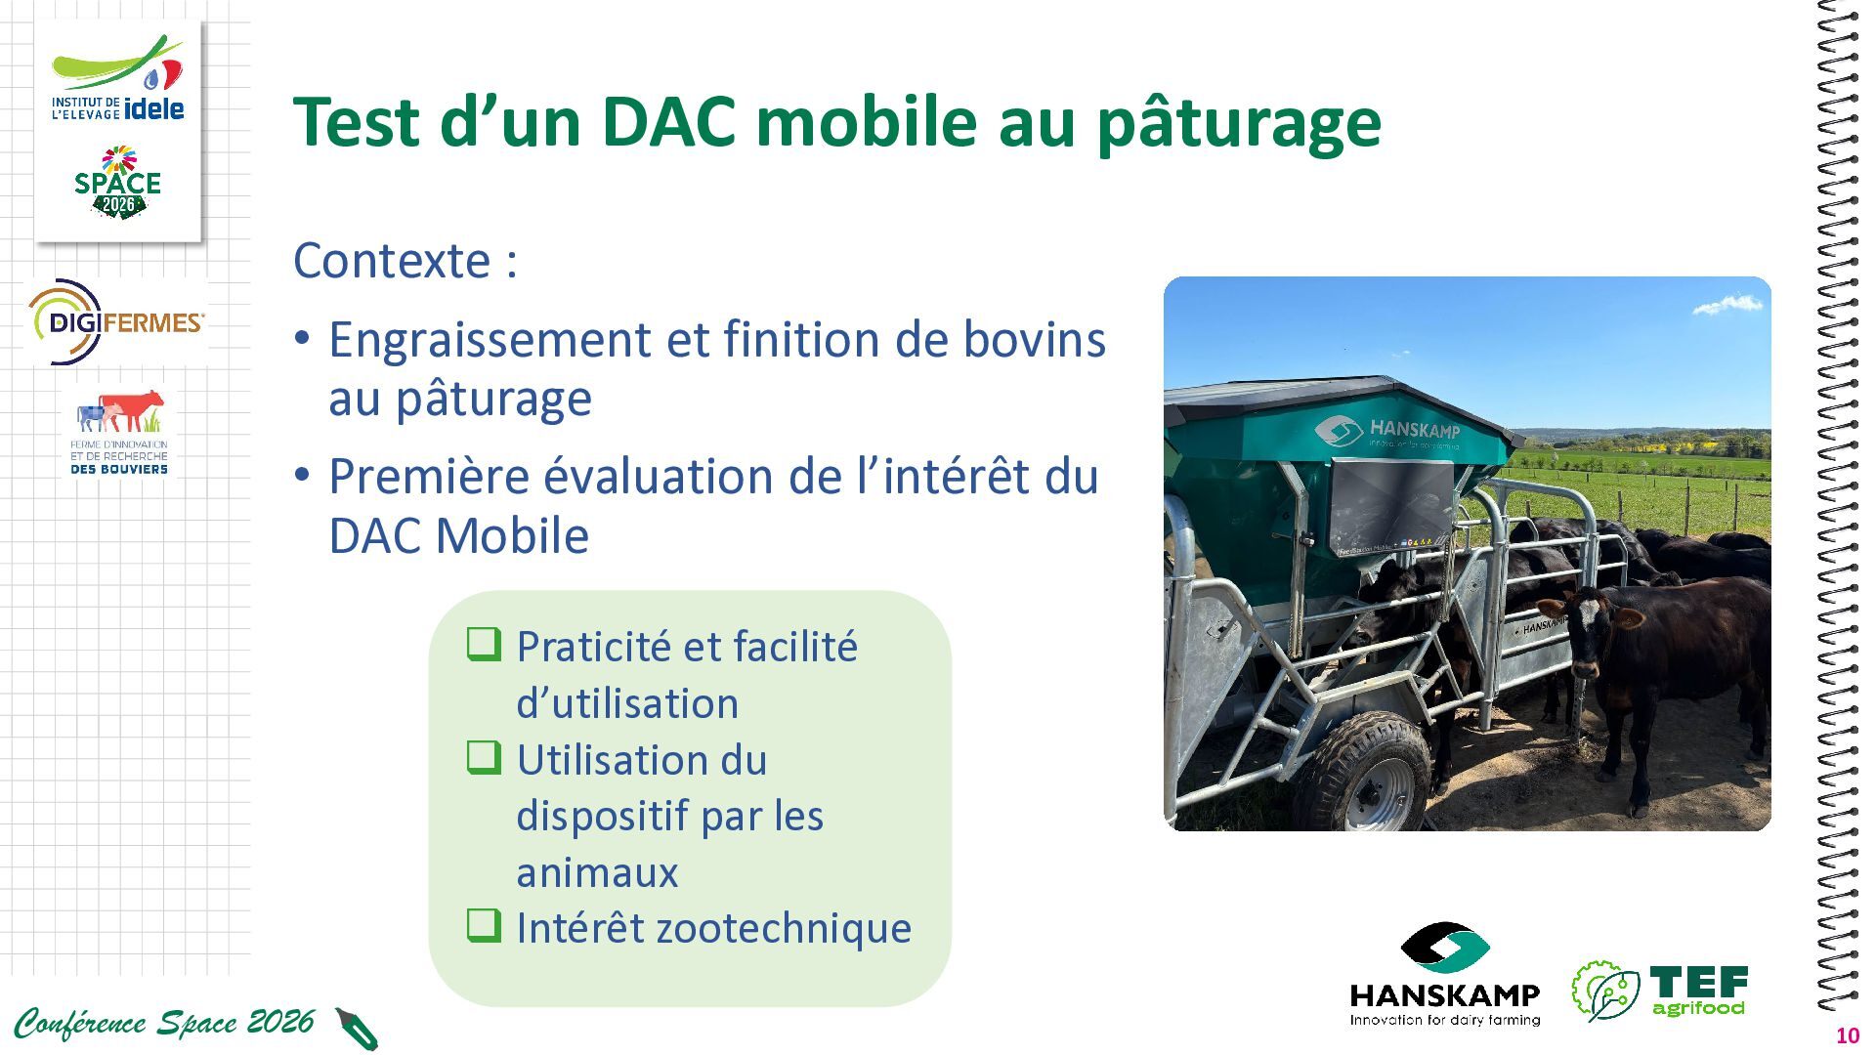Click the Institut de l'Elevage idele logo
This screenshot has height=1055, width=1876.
[117, 79]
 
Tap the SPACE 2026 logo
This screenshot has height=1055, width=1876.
[117, 183]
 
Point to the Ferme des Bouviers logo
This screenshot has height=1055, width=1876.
[119, 433]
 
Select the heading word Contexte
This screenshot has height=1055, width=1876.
[392, 260]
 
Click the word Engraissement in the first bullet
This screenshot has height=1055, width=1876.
[489, 341]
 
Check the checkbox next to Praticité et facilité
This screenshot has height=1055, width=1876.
[484, 644]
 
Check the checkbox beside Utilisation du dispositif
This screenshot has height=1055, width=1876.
[484, 757]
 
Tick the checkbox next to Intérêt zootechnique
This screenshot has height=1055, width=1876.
[484, 925]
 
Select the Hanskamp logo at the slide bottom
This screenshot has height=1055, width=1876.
[1444, 975]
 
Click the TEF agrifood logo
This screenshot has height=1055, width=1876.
[1659, 991]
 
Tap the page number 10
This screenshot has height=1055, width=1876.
[1848, 1036]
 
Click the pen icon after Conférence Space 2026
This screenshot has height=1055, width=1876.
[357, 1029]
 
